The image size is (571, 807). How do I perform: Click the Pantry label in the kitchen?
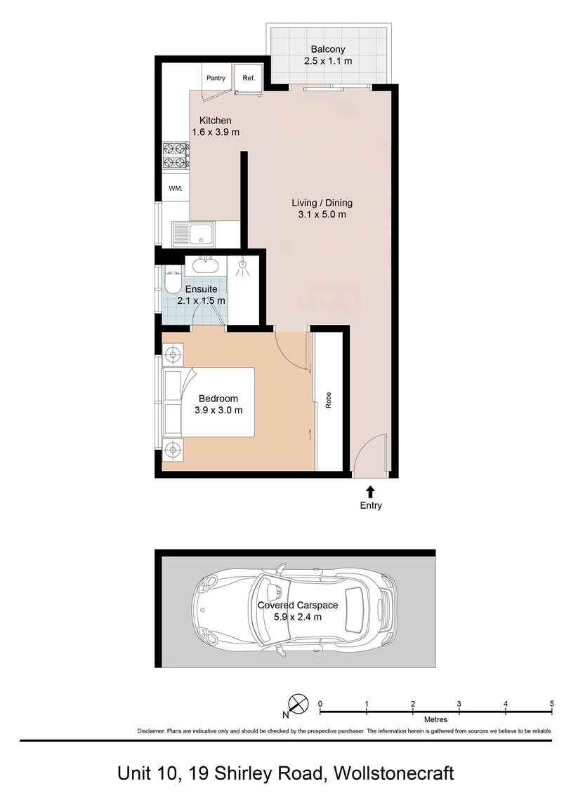(x=216, y=78)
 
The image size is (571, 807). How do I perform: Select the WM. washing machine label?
(x=176, y=189)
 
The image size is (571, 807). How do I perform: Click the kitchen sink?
(x=194, y=234)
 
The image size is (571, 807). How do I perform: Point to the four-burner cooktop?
(x=174, y=156)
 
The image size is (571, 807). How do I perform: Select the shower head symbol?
(x=242, y=267)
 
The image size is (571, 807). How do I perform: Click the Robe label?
(x=328, y=401)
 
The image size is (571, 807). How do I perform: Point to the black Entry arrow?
(x=371, y=491)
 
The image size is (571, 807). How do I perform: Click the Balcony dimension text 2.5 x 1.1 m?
(x=328, y=61)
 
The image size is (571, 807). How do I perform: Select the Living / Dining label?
(x=322, y=202)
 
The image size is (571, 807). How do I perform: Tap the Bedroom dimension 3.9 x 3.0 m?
(x=218, y=411)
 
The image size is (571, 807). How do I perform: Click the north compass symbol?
(x=298, y=703)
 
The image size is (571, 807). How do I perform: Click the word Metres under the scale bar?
(x=435, y=719)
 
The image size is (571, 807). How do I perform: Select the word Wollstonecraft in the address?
(x=394, y=773)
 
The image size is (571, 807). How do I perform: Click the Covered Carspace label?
(x=298, y=605)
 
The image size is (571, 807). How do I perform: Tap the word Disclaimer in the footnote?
(x=150, y=731)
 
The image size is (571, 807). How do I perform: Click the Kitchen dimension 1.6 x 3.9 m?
(x=216, y=132)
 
